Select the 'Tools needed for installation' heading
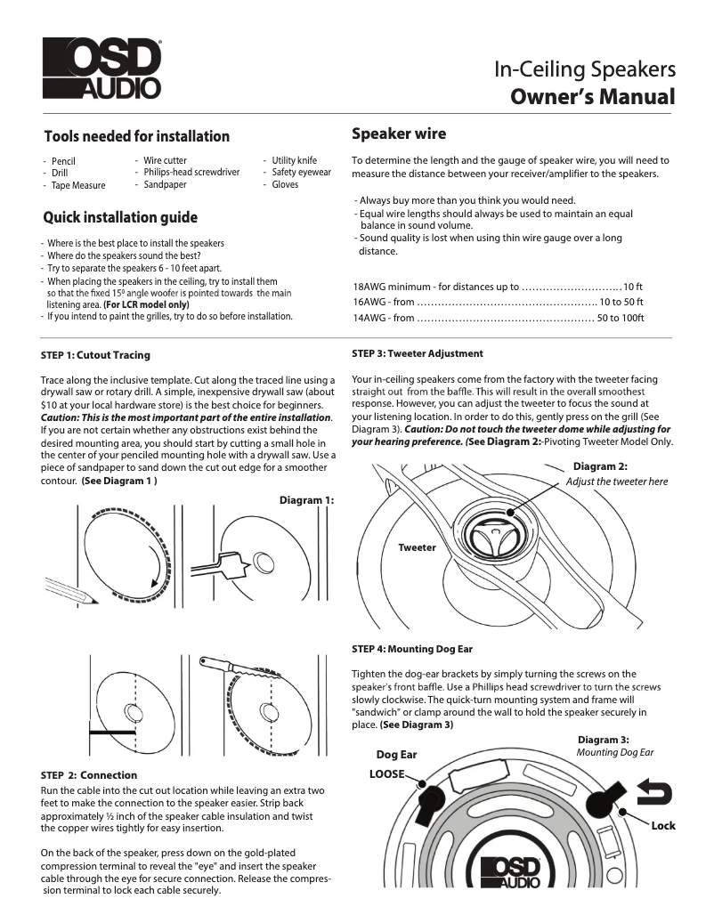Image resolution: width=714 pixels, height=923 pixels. point(136,136)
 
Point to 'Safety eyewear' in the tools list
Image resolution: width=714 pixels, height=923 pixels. point(301,173)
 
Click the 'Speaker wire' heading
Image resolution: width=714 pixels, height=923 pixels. point(399,134)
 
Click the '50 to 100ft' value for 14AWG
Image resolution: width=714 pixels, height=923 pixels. point(620,318)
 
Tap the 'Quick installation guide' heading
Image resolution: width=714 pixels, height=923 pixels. point(120,218)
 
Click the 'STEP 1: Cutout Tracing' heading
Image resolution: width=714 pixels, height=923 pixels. point(95,355)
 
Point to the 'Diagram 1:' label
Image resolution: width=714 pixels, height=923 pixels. point(306,500)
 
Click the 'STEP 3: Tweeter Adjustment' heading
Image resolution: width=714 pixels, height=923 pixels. point(418,353)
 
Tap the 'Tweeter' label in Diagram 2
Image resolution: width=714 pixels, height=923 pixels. point(417,547)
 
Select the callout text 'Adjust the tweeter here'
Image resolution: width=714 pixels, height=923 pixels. point(616,482)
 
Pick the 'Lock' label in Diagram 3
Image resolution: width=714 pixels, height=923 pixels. point(662,826)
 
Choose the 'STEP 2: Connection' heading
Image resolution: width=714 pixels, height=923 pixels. point(89,775)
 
